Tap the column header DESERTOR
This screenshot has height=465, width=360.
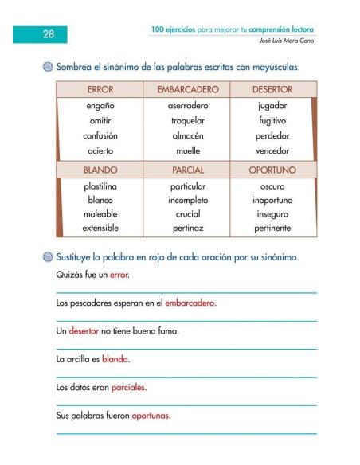pyautogui.click(x=272, y=89)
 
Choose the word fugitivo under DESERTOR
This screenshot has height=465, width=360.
pyautogui.click(x=272, y=120)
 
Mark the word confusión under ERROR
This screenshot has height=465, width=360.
pyautogui.click(x=101, y=135)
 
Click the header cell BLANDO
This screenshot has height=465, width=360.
pyautogui.click(x=100, y=170)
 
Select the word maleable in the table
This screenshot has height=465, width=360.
pyautogui.click(x=101, y=214)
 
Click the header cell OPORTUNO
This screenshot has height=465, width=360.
pyautogui.click(x=272, y=170)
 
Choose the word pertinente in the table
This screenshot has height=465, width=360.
pyautogui.click(x=272, y=229)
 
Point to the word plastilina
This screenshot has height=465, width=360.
pyautogui.click(x=101, y=185)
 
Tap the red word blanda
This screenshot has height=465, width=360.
pyautogui.click(x=115, y=359)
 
